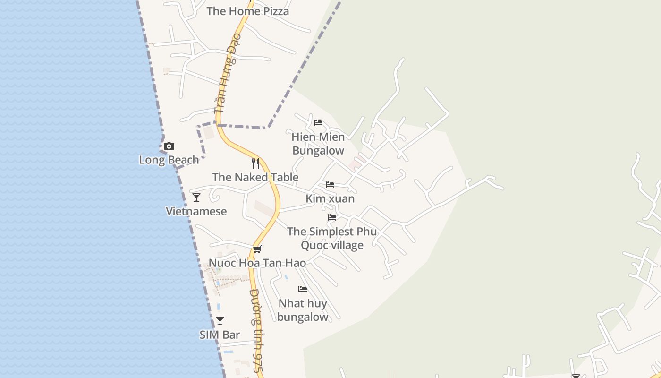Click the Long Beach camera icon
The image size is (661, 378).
169,146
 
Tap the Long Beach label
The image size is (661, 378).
169,160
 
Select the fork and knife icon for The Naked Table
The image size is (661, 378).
255,163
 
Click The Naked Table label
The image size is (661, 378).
255,177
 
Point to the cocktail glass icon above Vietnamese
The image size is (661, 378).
196,198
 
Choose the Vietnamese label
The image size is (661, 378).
196,211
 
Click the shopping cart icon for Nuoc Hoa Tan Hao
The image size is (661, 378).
257,249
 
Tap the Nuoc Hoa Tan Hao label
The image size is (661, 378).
257,263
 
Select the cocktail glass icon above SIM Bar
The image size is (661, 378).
220,321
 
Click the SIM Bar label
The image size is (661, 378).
220,335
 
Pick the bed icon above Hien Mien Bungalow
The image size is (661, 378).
318,123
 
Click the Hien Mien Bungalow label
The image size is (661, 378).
318,144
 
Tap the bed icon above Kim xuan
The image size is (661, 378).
330,184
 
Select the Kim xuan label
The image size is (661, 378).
330,198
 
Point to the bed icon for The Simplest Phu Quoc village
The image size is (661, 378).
332,217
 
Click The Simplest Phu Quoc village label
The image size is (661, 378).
332,238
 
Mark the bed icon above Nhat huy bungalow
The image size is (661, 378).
303,289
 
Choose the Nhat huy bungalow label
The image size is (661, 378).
303,310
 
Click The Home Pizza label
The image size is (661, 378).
247,11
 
